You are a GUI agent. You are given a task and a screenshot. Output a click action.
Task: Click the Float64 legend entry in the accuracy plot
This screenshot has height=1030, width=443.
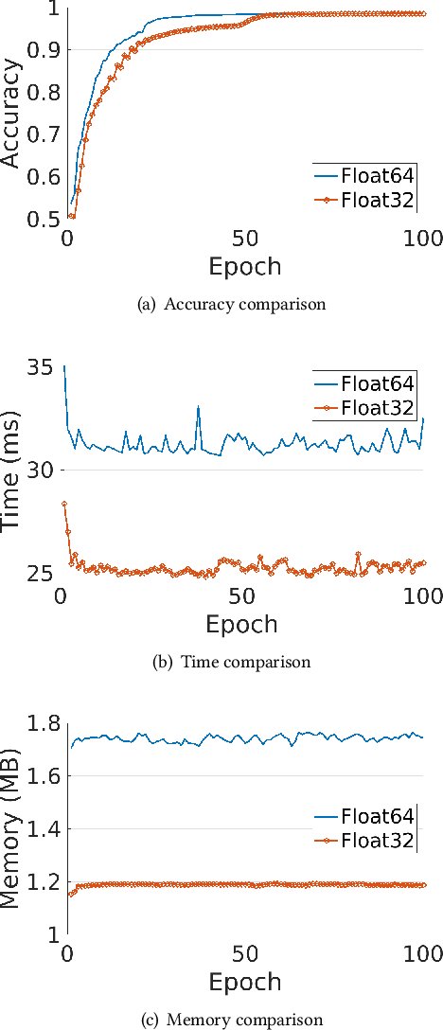(364, 175)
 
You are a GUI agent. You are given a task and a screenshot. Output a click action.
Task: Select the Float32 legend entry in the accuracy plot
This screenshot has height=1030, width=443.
(364, 199)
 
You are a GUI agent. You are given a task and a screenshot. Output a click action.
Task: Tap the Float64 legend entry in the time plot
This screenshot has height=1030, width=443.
(363, 384)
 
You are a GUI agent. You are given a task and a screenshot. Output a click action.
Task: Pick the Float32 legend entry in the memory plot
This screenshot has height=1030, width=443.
(363, 842)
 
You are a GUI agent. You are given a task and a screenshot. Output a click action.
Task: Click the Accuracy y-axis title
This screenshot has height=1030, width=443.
(11, 114)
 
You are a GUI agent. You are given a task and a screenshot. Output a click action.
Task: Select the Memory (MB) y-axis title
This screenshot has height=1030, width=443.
(11, 828)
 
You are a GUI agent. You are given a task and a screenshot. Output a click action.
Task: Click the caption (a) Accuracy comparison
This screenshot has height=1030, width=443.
(232, 305)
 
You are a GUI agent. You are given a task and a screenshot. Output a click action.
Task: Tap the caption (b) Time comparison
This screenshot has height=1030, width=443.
(232, 662)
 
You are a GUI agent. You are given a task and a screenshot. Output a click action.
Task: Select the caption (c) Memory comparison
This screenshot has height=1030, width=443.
(232, 1020)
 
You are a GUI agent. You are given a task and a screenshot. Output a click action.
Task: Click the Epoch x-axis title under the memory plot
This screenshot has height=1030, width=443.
(245, 981)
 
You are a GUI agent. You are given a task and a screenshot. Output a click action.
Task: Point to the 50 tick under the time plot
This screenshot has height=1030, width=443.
(241, 597)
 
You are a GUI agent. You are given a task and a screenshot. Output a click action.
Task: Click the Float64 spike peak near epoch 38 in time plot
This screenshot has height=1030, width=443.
(198, 407)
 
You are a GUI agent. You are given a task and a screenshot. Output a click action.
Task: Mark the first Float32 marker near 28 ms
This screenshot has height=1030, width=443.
(64, 505)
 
